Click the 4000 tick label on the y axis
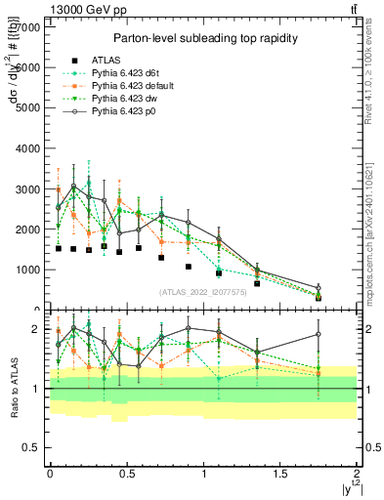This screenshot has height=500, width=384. pyautogui.click(x=29, y=147)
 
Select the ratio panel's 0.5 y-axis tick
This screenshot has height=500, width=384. pyautogui.click(x=33, y=447)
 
